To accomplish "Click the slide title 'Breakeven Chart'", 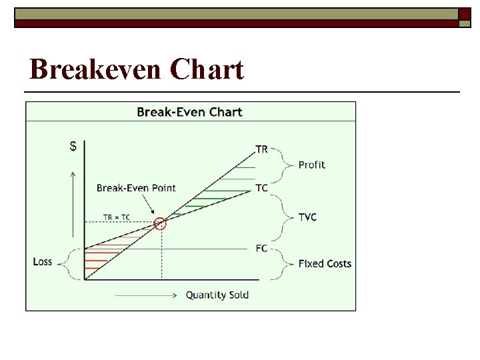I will pos(137,69).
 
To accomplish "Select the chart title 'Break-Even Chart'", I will pos(189,111).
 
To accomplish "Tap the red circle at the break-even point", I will pos(160,223).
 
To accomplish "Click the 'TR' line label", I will pos(261,149).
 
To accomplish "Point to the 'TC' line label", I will pos(261,188).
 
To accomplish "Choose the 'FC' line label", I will pos(261,248).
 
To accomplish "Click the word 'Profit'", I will pos(312,165).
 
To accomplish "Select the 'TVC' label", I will pos(307,217).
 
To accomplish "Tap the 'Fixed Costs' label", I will pos(325,263).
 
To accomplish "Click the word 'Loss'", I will pos(43,261).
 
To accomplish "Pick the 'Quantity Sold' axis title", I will pos(217,295).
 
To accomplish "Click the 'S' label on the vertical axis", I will pos(73,147).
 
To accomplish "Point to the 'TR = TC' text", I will pos(117,217).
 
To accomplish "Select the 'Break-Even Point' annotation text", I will pos(136,188).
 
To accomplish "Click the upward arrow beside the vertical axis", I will pos(73,203).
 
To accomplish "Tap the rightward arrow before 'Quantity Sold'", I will pos(147,295).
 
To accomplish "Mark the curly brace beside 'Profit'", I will pos(285,165).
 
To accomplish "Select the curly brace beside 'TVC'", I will pos(285,217).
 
